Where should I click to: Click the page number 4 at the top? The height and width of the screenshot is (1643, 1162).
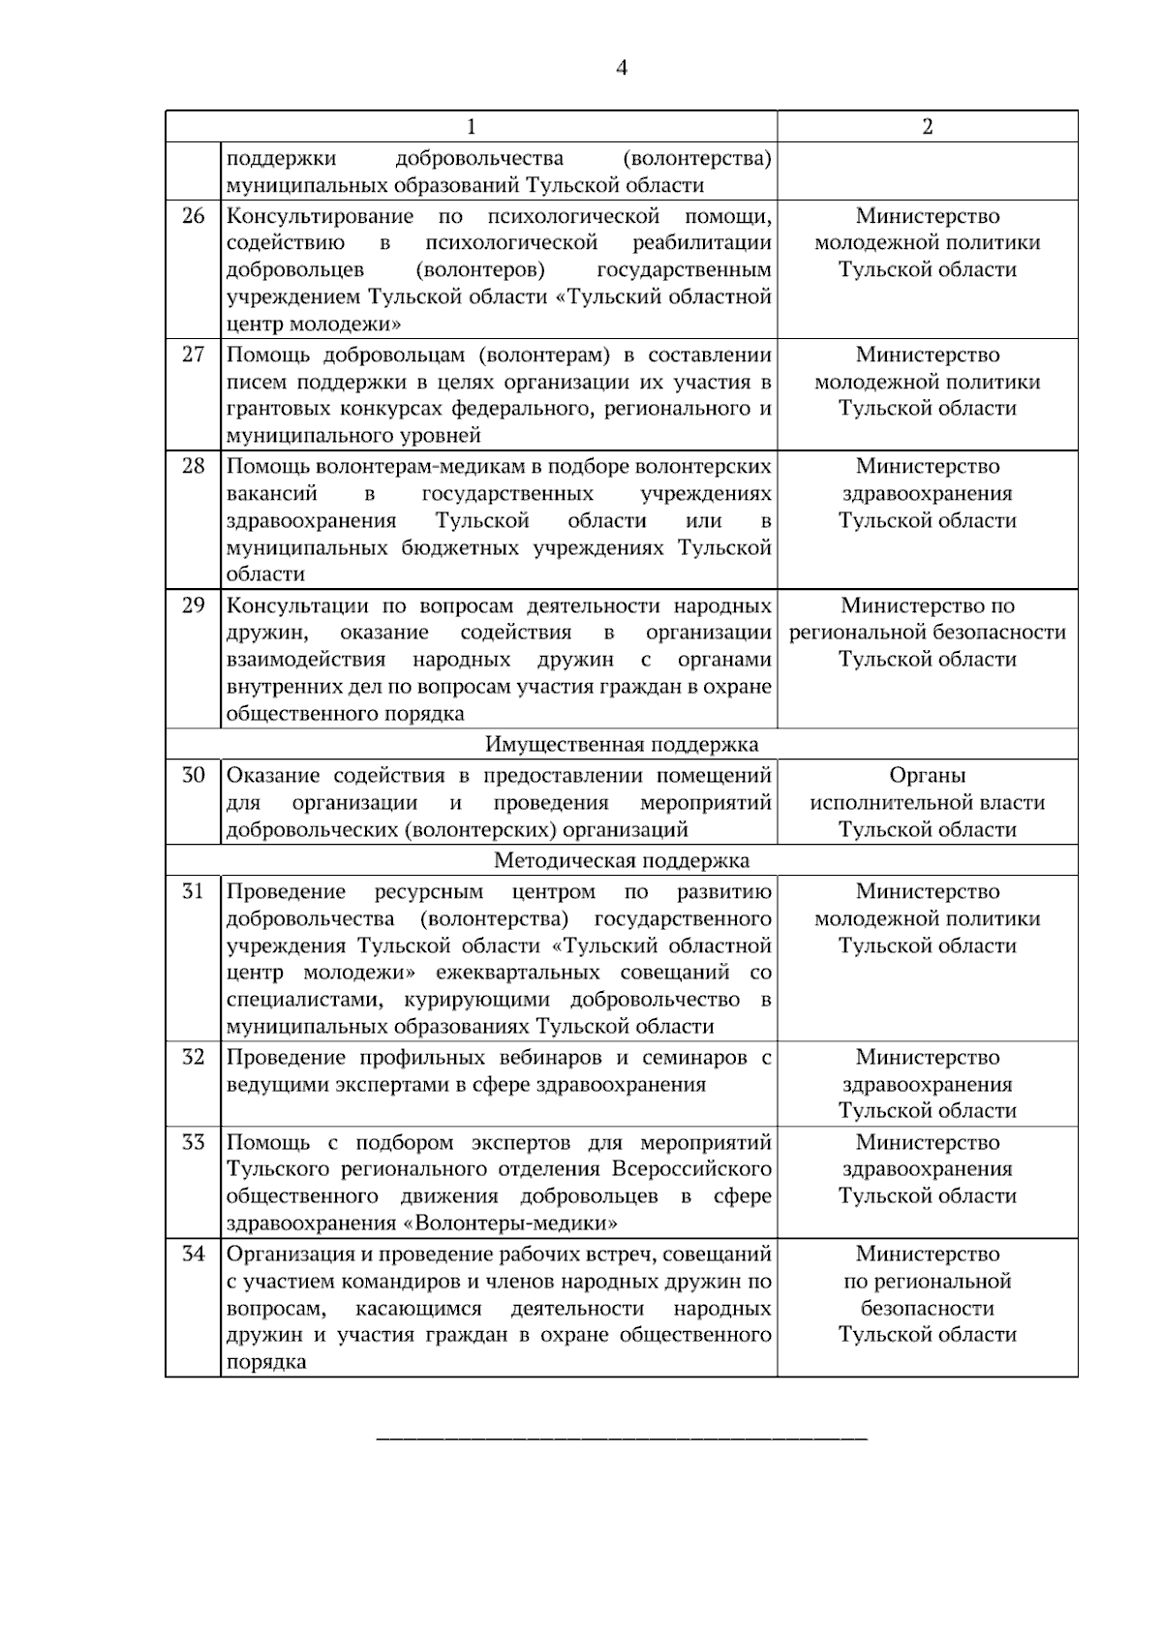(621, 68)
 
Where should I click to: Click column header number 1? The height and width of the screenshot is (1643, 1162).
(472, 127)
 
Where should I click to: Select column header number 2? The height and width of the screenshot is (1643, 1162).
(928, 127)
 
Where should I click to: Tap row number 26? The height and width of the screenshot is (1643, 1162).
(194, 216)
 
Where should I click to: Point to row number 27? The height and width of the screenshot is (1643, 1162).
(194, 355)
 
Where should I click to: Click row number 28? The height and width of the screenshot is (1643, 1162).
(194, 466)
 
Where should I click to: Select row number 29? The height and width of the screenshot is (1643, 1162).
(194, 605)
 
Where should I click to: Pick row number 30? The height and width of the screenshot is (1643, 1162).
(194, 775)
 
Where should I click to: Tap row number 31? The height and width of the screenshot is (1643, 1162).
(194, 891)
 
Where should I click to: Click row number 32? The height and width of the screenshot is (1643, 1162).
(194, 1057)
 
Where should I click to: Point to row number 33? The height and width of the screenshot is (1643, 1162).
(194, 1142)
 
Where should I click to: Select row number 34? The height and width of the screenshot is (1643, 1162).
(194, 1254)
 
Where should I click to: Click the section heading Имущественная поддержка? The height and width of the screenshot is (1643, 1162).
(622, 744)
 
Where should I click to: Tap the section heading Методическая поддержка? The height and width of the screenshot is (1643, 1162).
(622, 860)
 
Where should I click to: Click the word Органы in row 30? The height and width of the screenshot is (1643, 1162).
(928, 775)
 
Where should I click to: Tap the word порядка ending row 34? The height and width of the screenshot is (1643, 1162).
(266, 1362)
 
